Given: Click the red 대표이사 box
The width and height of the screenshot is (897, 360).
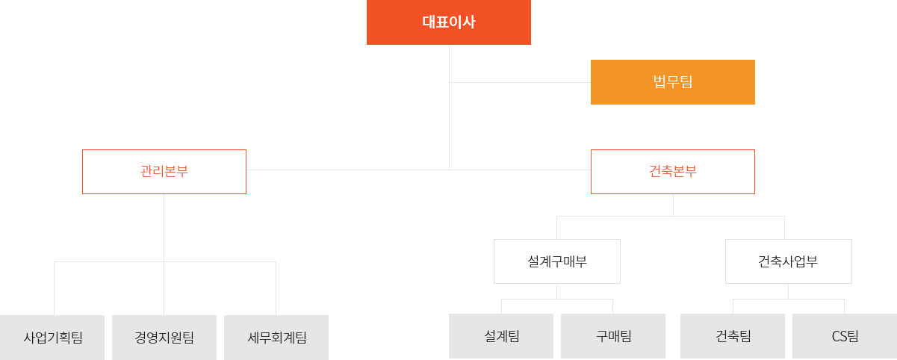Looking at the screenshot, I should [x=448, y=22].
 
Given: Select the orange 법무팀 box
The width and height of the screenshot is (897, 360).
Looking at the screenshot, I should [x=672, y=81].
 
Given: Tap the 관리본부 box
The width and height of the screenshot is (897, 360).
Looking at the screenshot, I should [x=164, y=171].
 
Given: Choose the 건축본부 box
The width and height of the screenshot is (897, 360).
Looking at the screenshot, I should [x=672, y=171].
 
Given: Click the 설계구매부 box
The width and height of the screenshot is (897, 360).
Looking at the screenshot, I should [x=556, y=261].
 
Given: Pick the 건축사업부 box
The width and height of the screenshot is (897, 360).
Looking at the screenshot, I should [x=788, y=261].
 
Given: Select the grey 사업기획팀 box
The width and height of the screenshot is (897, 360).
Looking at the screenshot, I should [x=52, y=336].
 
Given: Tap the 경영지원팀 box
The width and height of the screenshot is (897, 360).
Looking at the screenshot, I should [x=164, y=336].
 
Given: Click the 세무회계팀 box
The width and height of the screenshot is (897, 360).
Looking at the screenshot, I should [x=276, y=336].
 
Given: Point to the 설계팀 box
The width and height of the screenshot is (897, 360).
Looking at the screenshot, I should [x=501, y=336].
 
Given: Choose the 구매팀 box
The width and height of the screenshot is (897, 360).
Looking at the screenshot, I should [x=613, y=336].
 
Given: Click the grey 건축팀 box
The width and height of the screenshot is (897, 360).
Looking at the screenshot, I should [x=732, y=336].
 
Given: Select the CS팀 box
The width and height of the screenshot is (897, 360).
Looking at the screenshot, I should [x=844, y=336].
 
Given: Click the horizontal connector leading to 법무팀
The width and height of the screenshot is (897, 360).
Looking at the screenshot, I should [x=519, y=81].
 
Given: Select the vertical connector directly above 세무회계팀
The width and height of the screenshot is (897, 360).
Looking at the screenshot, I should [x=276, y=288].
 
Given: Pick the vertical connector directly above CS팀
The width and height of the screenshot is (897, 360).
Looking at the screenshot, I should [x=844, y=305].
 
